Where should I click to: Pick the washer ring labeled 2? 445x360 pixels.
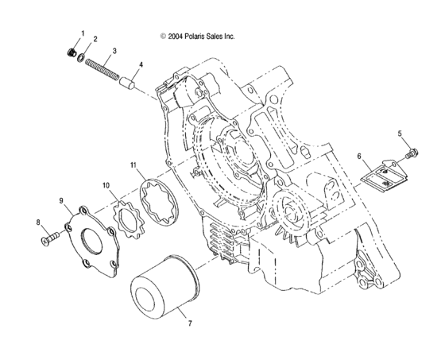[83, 60]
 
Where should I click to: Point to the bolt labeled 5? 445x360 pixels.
[411, 153]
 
